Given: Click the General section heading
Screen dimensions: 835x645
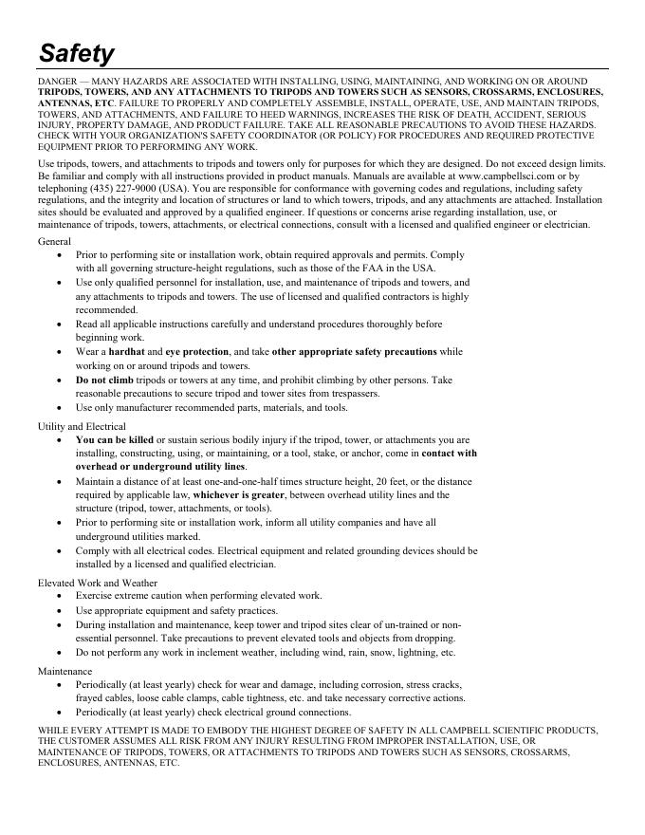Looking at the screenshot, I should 55,242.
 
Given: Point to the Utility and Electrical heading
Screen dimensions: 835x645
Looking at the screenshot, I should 82,426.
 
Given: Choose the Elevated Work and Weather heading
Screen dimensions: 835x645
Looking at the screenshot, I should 98,583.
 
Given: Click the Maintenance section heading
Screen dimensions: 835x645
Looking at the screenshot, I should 65,671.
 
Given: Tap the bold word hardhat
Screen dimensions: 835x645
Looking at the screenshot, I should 126,351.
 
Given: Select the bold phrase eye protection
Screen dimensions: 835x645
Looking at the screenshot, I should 197,351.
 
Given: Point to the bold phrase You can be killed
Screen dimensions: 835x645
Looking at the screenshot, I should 115,440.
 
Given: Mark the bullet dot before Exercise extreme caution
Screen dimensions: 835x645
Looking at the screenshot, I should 62,596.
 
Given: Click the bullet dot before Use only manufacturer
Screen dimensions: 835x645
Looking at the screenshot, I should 62,408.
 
